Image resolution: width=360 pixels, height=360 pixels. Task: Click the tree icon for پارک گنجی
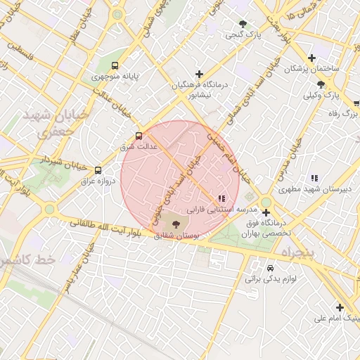(243, 23)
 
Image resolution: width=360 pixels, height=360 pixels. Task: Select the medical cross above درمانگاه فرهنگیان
(200, 74)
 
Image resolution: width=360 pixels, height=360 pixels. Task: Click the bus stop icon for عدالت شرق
(139, 136)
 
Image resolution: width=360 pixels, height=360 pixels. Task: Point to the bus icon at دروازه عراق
(98, 169)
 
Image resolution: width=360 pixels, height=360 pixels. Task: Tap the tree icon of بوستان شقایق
(175, 223)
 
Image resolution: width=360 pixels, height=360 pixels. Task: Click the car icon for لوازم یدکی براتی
(270, 268)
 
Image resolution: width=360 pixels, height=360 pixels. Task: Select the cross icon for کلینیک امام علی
(340, 307)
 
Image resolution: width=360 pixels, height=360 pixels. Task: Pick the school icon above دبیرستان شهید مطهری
(314, 178)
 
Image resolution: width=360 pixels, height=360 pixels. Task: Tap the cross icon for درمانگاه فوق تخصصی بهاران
(266, 212)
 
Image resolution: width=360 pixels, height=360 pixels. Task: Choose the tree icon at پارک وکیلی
(321, 84)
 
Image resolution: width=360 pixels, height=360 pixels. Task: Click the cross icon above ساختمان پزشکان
(312, 58)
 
